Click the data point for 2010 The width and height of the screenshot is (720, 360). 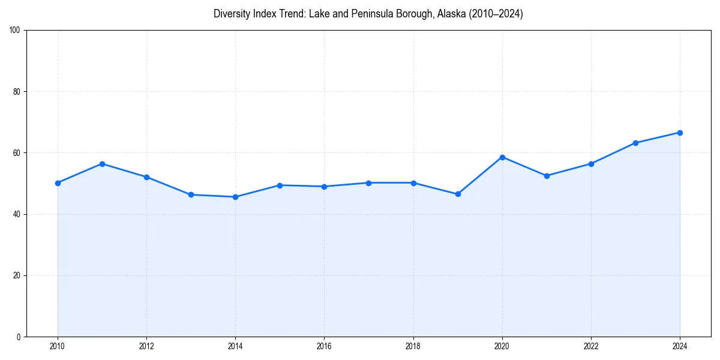(x=58, y=183)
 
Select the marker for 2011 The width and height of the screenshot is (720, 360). (x=102, y=164)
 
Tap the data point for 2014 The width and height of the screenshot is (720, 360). (x=235, y=197)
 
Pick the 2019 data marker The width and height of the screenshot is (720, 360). (x=458, y=194)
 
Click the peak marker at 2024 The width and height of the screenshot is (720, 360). (x=680, y=133)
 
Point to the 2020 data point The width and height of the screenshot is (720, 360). (x=502, y=157)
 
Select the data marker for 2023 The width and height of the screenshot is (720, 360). (x=635, y=143)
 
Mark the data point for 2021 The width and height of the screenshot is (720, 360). (x=547, y=176)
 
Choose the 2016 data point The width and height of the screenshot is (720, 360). (x=324, y=187)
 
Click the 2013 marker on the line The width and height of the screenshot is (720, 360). (x=191, y=194)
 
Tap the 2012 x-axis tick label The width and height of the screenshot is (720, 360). (x=146, y=346)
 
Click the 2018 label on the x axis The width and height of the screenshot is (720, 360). (x=413, y=346)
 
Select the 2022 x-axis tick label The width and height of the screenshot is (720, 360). (x=591, y=346)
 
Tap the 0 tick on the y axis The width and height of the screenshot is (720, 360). (x=19, y=337)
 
